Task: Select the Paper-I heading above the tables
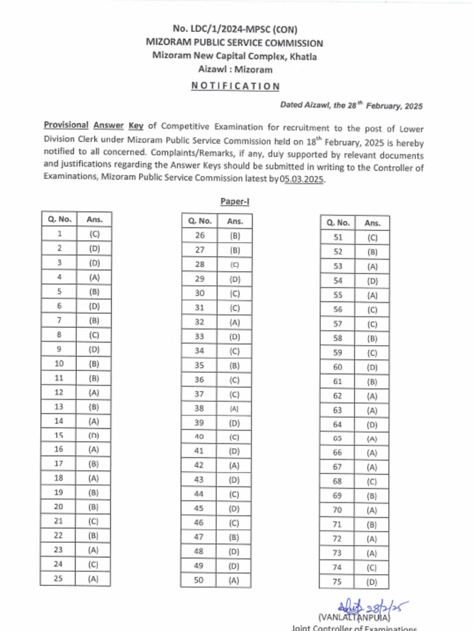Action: point(235,202)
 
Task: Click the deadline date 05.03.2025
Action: point(302,179)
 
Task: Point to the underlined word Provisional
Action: point(66,125)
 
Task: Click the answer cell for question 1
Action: point(94,234)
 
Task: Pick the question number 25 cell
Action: point(59,579)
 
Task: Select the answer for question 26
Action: point(235,235)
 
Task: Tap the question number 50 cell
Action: point(200,580)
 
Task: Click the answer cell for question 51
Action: point(372,238)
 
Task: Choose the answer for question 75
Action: point(372,582)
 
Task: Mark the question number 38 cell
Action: point(200,408)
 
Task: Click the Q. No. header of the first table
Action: point(59,219)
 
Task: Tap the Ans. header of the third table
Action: point(372,223)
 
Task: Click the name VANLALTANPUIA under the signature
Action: point(354,617)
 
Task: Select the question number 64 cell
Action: point(338,425)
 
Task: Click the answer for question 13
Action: point(94,406)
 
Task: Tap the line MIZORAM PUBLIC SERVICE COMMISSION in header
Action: point(235,43)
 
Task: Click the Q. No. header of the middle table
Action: point(200,221)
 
